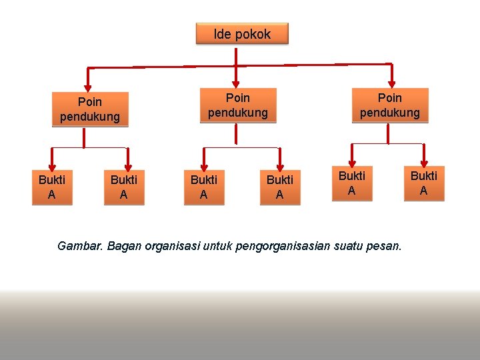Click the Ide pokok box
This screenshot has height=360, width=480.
click(x=242, y=34)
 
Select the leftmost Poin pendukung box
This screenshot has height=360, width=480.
click(x=90, y=109)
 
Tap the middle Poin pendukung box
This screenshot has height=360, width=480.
click(x=237, y=105)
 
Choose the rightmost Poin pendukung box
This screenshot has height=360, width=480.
click(x=390, y=105)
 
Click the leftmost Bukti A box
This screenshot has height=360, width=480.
click(x=51, y=187)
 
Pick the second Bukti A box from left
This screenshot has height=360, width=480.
click(x=123, y=187)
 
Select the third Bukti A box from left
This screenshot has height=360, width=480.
click(x=203, y=187)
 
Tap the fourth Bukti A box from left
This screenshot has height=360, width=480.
click(x=279, y=187)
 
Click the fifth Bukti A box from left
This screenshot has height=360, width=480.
click(x=352, y=183)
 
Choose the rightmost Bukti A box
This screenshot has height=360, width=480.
click(x=423, y=183)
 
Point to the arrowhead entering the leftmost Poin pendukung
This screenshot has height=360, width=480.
click(x=88, y=85)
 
